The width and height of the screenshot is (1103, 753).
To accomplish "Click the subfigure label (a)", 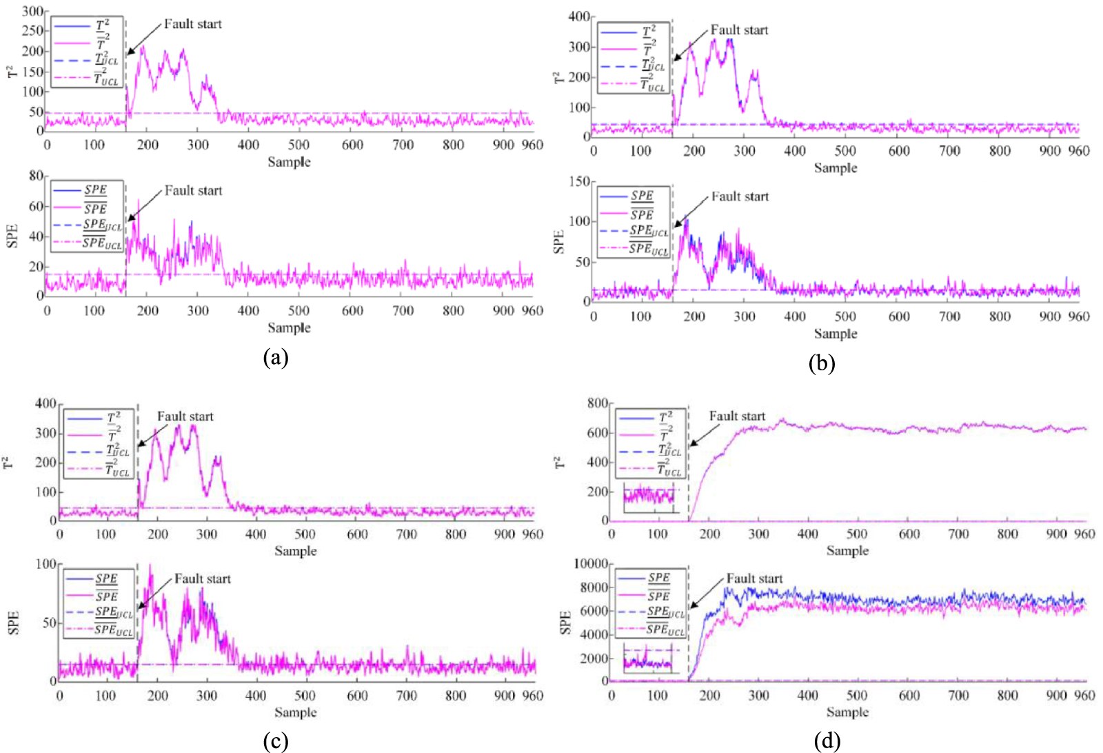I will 275,357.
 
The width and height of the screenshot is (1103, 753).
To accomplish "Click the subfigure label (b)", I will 821,363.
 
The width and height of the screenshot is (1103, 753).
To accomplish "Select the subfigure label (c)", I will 275,741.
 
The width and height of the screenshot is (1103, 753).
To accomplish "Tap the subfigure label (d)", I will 827,741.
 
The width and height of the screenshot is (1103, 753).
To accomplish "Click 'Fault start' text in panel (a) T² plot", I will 192,24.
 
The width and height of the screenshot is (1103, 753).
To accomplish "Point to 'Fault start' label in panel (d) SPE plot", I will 754,579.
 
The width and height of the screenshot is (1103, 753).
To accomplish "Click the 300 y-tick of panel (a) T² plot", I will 32,11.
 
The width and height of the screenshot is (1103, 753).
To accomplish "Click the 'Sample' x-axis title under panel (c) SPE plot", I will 295,712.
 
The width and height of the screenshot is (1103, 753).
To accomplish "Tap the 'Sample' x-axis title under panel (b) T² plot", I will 835,168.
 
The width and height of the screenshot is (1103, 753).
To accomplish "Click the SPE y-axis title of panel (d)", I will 566,622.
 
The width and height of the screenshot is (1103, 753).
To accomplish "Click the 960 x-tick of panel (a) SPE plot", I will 532,311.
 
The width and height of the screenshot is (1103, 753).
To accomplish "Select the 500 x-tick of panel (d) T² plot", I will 857,534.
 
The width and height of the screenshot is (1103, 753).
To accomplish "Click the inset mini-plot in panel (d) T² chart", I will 649,497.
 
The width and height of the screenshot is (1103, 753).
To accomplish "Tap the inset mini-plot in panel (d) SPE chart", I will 648,659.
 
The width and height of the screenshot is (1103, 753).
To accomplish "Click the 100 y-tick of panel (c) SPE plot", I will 45,564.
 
